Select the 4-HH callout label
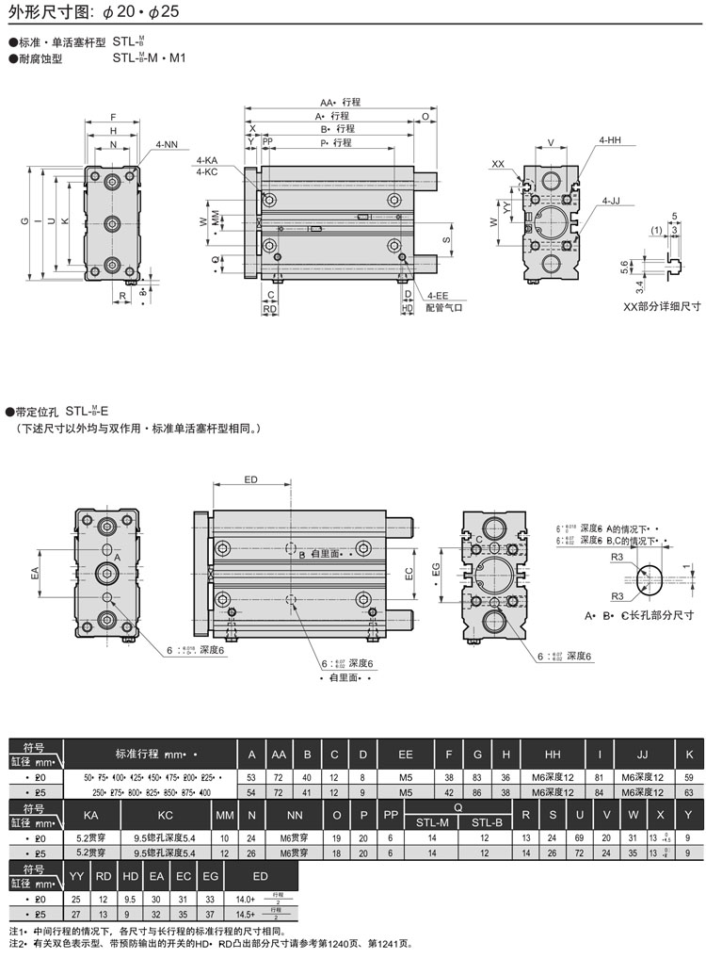[610, 140]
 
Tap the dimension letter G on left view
[23, 221]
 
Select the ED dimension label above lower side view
[251, 480]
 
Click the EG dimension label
[436, 568]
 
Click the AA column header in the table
[279, 755]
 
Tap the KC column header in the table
[165, 814]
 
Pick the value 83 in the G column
[478, 777]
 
